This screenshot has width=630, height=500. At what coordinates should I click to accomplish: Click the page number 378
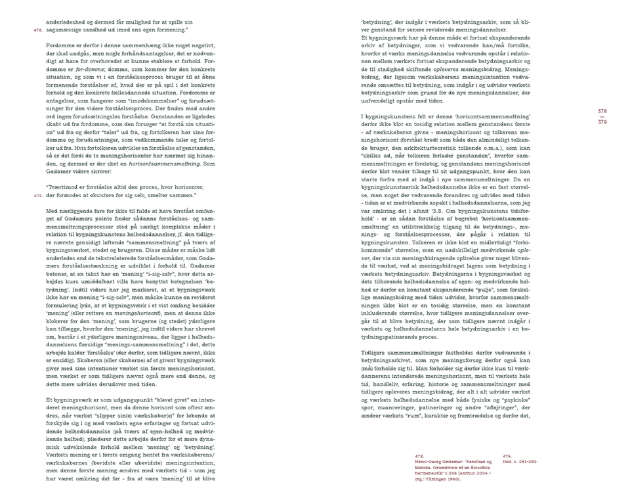click(x=602, y=112)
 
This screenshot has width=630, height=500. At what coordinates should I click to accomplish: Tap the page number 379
click(x=602, y=122)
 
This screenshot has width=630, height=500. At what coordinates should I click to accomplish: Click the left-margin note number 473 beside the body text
click(x=37, y=30)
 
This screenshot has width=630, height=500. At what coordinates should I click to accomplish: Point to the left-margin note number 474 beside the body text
click(x=37, y=195)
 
